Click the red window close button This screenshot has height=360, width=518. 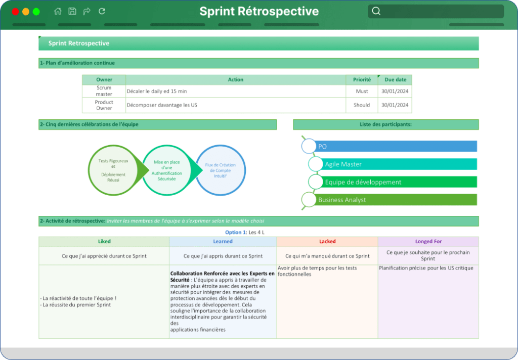[x=15, y=12]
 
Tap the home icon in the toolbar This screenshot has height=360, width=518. [x=58, y=11]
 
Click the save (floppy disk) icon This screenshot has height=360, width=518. [x=72, y=11]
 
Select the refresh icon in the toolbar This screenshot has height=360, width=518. [x=102, y=11]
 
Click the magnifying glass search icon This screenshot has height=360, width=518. [x=376, y=11]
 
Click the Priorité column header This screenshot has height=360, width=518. [x=362, y=79]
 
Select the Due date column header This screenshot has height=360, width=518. [x=395, y=79]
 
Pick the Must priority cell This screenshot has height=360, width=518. [x=362, y=91]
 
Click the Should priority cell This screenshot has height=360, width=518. [x=362, y=105]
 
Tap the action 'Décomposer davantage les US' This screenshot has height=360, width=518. [x=162, y=105]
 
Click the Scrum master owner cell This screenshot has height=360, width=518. [x=104, y=91]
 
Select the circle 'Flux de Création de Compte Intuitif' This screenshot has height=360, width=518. [x=221, y=170]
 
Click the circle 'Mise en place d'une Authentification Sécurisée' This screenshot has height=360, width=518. [x=167, y=170]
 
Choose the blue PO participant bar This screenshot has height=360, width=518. [x=395, y=146]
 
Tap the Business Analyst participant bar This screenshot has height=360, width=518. [x=395, y=200]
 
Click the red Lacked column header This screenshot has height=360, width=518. [x=327, y=241]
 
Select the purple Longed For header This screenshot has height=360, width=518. [x=428, y=241]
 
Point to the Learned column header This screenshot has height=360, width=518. [x=223, y=241]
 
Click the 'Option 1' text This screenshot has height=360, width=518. [x=235, y=232]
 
